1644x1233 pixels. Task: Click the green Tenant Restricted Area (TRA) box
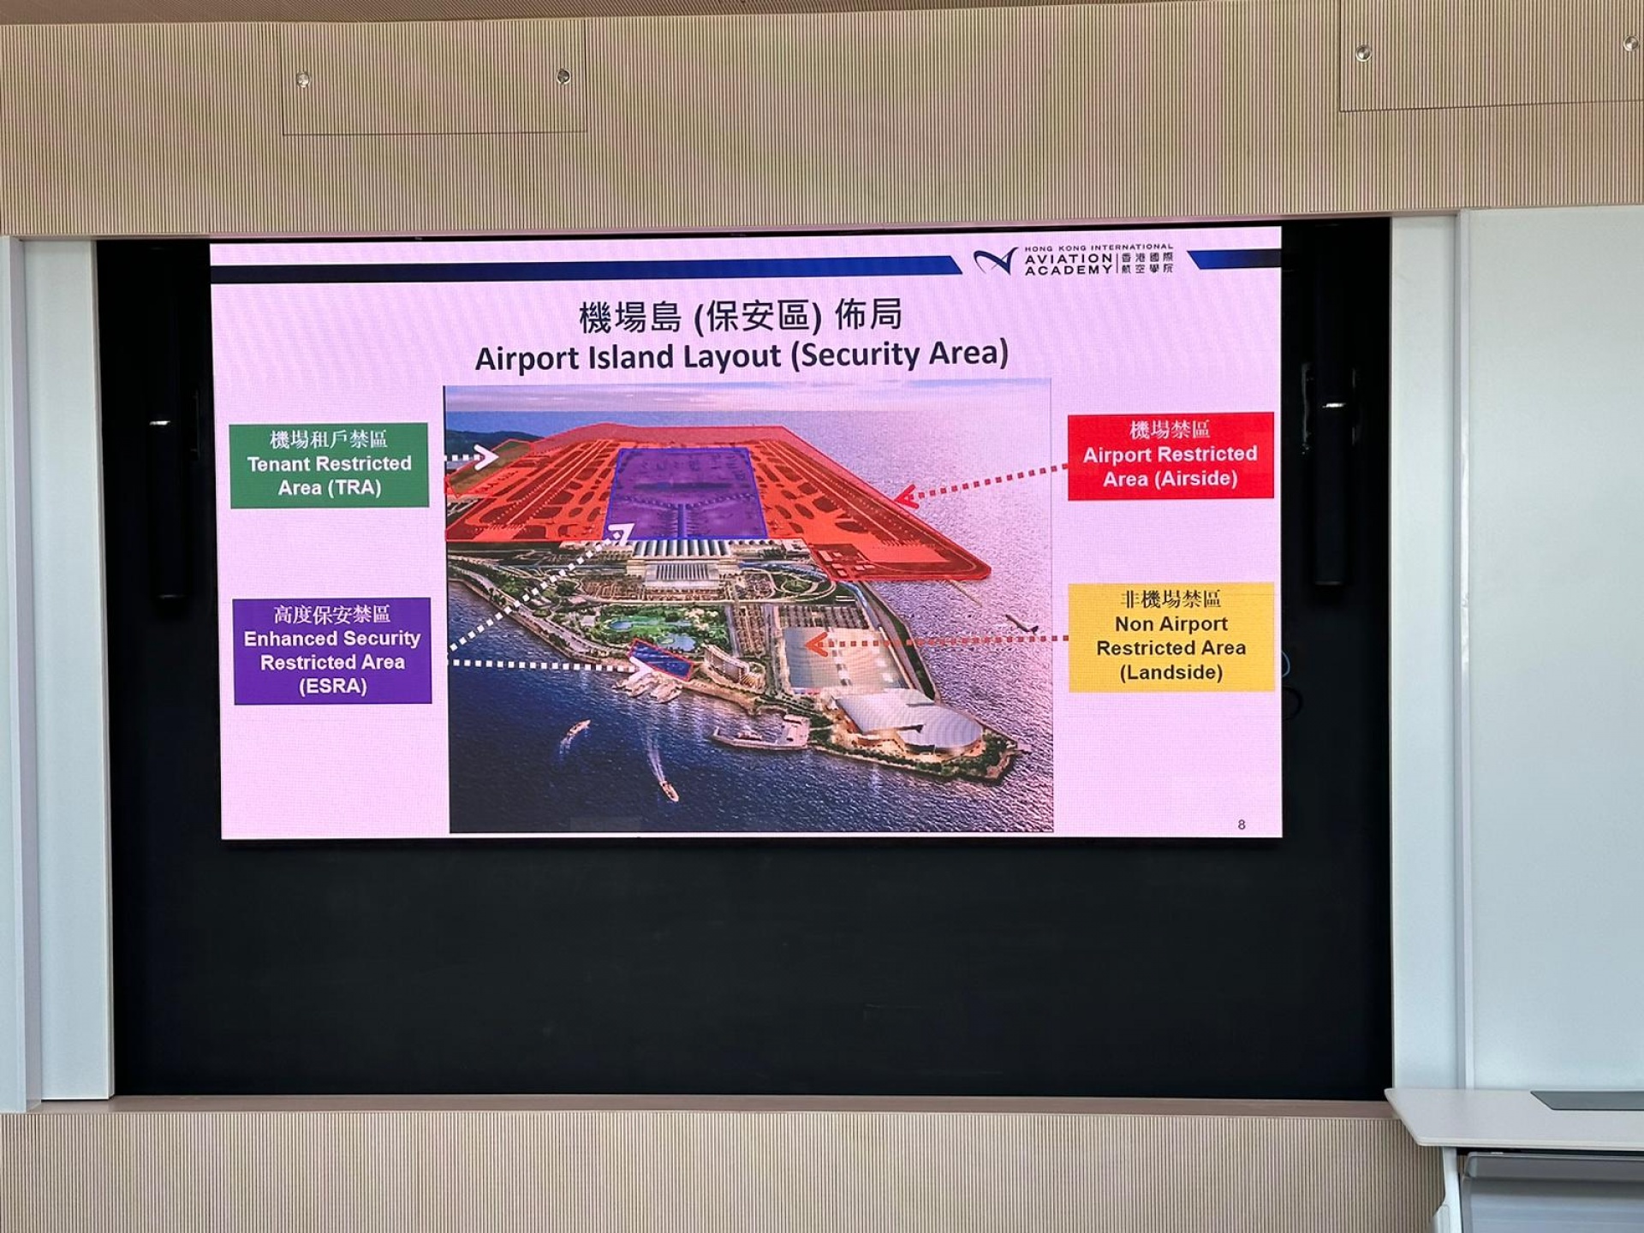[x=329, y=465]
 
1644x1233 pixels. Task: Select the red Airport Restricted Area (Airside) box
[x=1170, y=456]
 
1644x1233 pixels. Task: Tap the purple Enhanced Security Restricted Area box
[x=332, y=651]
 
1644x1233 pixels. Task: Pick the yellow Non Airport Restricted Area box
[x=1170, y=637]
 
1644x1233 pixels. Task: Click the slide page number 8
[x=1242, y=825]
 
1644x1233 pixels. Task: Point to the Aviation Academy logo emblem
[x=995, y=260]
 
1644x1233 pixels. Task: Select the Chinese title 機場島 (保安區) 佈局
[x=741, y=316]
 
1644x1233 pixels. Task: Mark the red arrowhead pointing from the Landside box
[x=817, y=643]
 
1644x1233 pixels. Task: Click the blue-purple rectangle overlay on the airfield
[x=685, y=494]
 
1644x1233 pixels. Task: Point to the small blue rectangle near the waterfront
[x=660, y=660]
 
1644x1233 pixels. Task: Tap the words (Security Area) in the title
[x=899, y=354]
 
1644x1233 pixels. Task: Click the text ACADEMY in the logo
[x=1068, y=270]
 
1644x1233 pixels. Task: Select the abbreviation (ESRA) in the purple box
[x=332, y=686]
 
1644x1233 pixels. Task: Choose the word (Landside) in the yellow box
[x=1170, y=672]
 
